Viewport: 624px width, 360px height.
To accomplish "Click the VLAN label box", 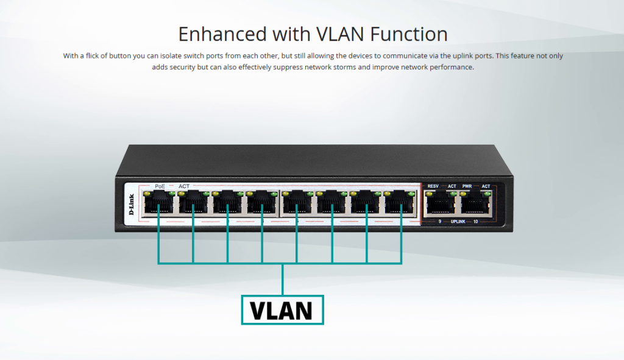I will pos(282,309).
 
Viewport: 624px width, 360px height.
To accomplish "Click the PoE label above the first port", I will pos(160,186).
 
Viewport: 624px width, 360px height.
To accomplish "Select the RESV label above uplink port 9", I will pos(433,186).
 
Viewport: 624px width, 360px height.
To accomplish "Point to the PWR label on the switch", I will pos(467,186).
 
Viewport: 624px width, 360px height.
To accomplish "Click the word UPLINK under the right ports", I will pos(458,222).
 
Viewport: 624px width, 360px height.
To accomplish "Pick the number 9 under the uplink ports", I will pos(439,222).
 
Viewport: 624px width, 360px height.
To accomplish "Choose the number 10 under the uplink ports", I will pos(475,222).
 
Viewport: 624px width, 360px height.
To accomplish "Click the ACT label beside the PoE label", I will pos(184,186).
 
